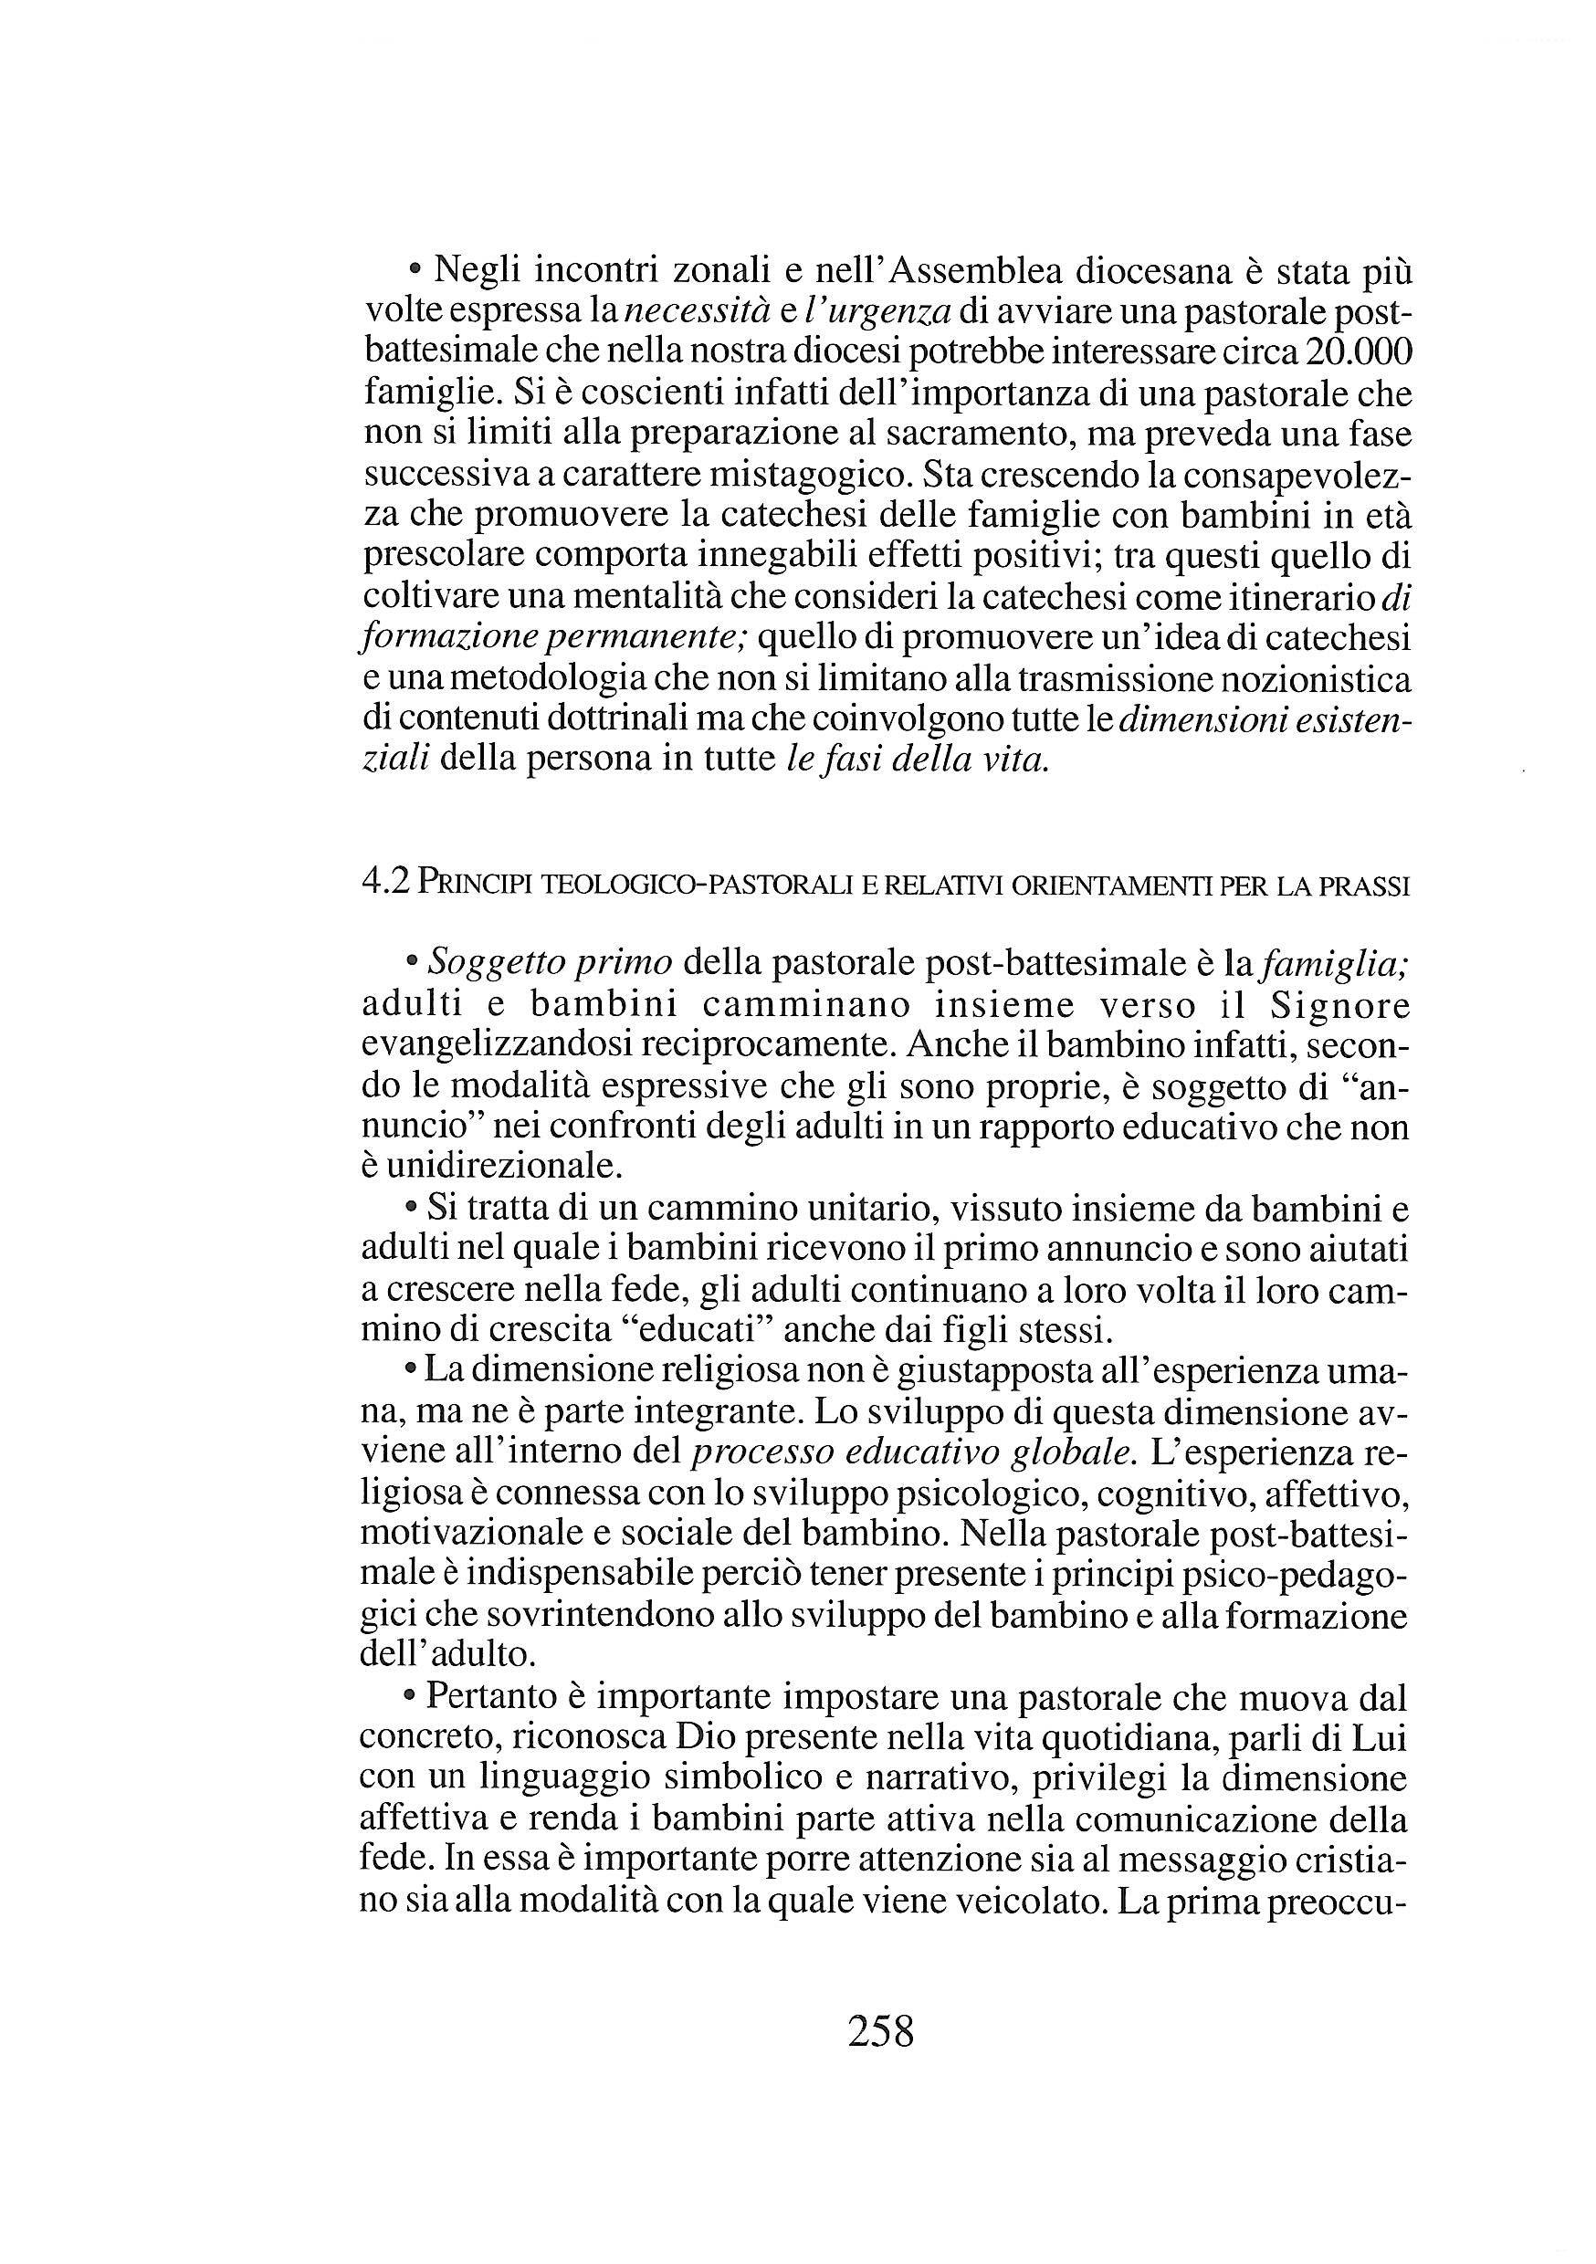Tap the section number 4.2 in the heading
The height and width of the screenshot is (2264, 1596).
384,884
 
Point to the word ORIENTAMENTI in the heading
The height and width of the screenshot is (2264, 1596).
1108,886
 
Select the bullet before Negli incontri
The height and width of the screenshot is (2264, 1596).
415,269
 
